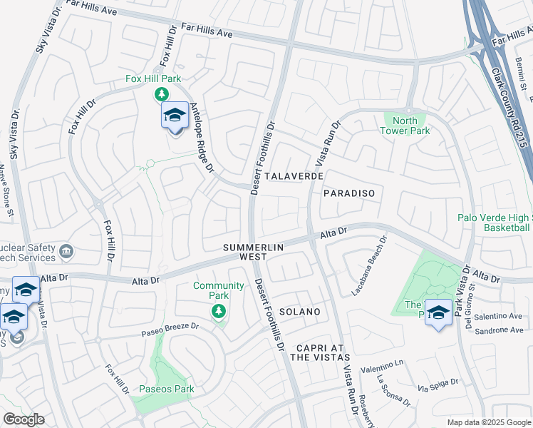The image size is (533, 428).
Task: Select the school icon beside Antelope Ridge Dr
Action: [x=175, y=115]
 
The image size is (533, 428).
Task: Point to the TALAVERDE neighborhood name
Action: [x=294, y=175]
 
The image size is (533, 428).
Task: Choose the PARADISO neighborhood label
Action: [x=348, y=193]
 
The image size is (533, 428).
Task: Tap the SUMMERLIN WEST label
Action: [x=254, y=251]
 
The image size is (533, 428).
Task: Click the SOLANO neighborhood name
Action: [x=299, y=312]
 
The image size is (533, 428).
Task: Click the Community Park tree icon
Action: [x=219, y=311]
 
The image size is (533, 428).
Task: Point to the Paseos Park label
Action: [x=166, y=389]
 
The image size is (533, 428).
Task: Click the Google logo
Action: [x=24, y=419]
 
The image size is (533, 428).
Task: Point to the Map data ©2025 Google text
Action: [x=489, y=422]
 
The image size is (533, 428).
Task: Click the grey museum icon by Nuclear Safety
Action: [x=66, y=251]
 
